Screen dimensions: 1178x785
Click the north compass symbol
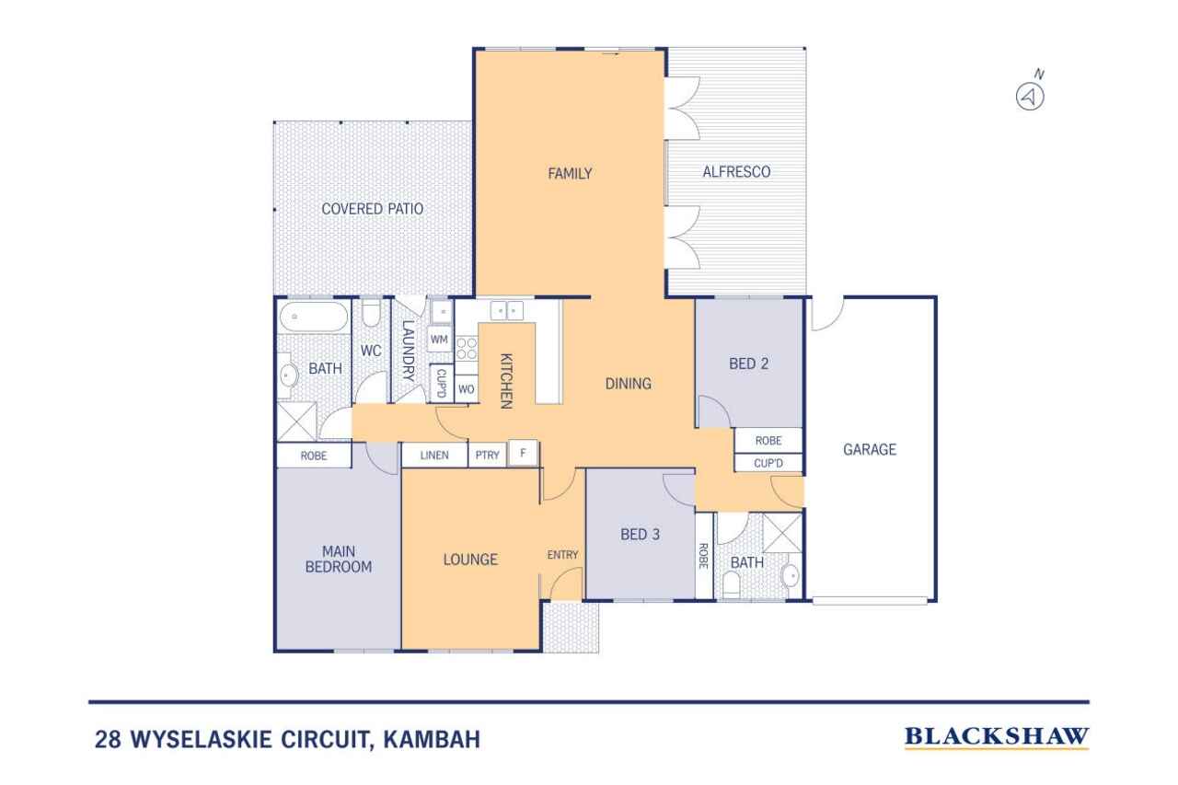pyautogui.click(x=1030, y=97)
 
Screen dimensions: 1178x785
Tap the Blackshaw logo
pyautogui.click(x=996, y=737)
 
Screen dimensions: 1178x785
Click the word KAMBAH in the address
pyautogui.click(x=432, y=739)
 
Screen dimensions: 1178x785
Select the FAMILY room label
pyautogui.click(x=570, y=174)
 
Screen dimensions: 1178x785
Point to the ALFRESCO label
pyautogui.click(x=736, y=172)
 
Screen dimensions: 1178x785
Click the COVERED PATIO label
pyautogui.click(x=373, y=209)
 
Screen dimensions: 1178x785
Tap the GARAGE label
pyautogui.click(x=870, y=449)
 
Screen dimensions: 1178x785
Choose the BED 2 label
pyautogui.click(x=748, y=364)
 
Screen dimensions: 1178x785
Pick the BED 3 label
pyautogui.click(x=640, y=535)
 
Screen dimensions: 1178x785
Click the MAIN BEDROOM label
pyautogui.click(x=339, y=560)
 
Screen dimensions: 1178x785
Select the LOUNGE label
pyautogui.click(x=470, y=560)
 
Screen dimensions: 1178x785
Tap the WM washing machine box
pyautogui.click(x=439, y=340)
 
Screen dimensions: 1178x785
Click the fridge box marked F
pyautogui.click(x=523, y=453)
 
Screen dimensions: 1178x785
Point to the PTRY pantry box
pyautogui.click(x=487, y=455)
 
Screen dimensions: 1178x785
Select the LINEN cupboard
pyautogui.click(x=434, y=455)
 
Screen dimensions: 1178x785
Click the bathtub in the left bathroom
pyautogui.click(x=314, y=317)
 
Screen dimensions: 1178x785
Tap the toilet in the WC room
pyautogui.click(x=371, y=314)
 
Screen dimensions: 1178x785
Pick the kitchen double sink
pyautogui.click(x=507, y=311)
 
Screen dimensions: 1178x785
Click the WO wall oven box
pyautogui.click(x=466, y=389)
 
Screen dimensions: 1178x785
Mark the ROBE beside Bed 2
pyautogui.click(x=768, y=441)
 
